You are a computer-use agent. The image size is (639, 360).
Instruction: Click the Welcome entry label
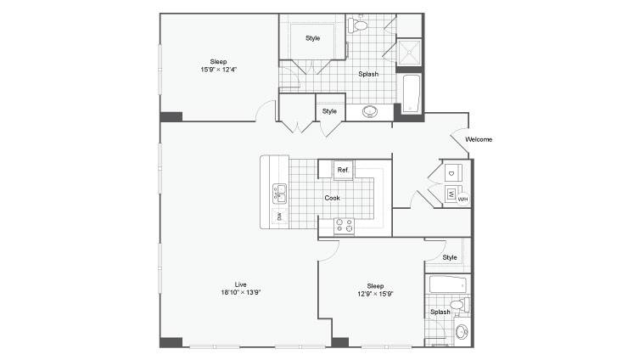pyautogui.click(x=479, y=139)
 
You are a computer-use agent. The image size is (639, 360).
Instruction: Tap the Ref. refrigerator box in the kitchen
pyautogui.click(x=343, y=170)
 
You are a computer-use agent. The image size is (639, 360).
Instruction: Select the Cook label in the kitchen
pyautogui.click(x=332, y=198)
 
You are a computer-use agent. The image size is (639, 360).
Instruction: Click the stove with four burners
pyautogui.click(x=344, y=226)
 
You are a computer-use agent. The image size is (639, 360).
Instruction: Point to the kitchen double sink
pyautogui.click(x=279, y=194)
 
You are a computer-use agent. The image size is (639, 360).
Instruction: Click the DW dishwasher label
pyautogui.click(x=279, y=216)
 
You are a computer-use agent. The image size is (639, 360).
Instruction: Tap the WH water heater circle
pyautogui.click(x=462, y=200)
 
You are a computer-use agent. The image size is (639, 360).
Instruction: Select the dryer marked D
pyautogui.click(x=452, y=173)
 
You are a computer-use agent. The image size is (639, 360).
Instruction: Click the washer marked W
pyautogui.click(x=451, y=194)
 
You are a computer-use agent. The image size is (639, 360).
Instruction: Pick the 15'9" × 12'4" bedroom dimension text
pyautogui.click(x=219, y=70)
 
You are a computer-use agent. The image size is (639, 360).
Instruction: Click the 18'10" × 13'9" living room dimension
pyautogui.click(x=241, y=292)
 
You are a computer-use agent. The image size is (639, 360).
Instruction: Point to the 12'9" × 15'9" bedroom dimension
pyautogui.click(x=375, y=294)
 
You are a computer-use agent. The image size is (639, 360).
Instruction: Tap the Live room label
pyautogui.click(x=240, y=284)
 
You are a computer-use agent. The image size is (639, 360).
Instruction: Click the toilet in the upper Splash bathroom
pyautogui.click(x=357, y=25)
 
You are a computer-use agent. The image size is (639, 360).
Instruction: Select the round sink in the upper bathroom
pyautogui.click(x=370, y=111)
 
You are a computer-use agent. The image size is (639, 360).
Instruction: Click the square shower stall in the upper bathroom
pyautogui.click(x=409, y=52)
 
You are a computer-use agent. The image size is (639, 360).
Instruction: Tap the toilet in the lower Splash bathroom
pyautogui.click(x=460, y=305)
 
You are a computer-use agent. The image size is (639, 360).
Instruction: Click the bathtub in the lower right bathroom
pyautogui.click(x=447, y=284)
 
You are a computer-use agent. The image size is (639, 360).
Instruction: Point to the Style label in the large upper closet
pyautogui.click(x=312, y=38)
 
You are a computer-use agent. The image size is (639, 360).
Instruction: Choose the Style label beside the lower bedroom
pyautogui.click(x=450, y=257)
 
